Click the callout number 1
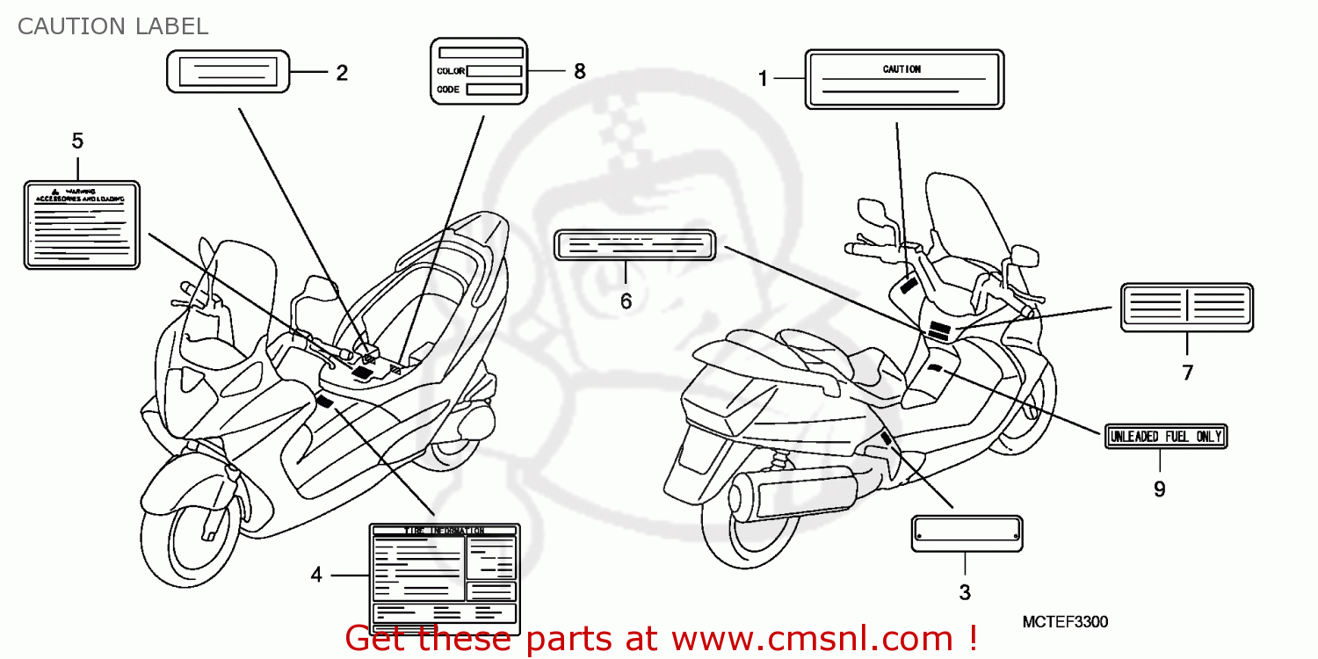coord(763,79)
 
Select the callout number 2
coord(342,73)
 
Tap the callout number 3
coord(965,592)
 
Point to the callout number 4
coord(316,575)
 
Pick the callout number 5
coord(77,141)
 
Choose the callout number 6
coord(626,301)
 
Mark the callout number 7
coord(1187,373)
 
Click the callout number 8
coord(579,71)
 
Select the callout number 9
coord(1159,489)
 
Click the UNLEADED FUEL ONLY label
coord(1165,436)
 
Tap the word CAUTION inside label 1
coord(902,69)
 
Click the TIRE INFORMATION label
coord(444,578)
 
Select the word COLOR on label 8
coord(451,71)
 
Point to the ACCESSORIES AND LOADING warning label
coord(82,224)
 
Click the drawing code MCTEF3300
coord(1065,622)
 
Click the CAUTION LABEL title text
coord(112,26)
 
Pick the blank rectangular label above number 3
coord(967,532)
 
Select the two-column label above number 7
coord(1186,307)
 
